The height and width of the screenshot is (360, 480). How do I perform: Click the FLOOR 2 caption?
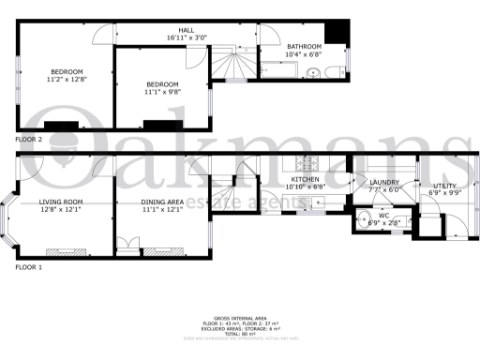point(29,139)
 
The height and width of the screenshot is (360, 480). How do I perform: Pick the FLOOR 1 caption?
point(29,267)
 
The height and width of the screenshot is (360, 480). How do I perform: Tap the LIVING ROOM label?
point(61,202)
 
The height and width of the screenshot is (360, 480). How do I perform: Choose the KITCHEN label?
point(306,179)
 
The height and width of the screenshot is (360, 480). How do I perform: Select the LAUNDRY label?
point(384,183)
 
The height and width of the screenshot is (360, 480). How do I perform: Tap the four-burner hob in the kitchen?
point(305,162)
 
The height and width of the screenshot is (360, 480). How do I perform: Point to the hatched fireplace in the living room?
point(61,250)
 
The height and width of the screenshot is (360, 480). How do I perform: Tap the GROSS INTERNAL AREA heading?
point(240,317)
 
